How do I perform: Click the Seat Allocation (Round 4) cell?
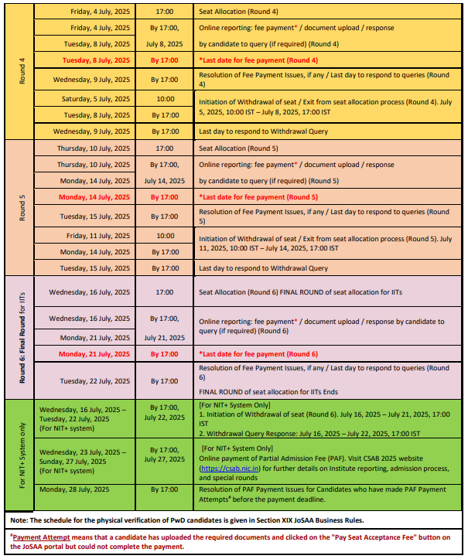pyautogui.click(x=240, y=12)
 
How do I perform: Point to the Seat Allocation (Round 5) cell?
pyautogui.click(x=240, y=148)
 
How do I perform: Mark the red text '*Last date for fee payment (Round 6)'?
pyautogui.click(x=258, y=353)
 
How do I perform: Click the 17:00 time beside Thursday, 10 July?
pyautogui.click(x=164, y=148)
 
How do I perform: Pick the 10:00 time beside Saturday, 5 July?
pyautogui.click(x=164, y=99)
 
